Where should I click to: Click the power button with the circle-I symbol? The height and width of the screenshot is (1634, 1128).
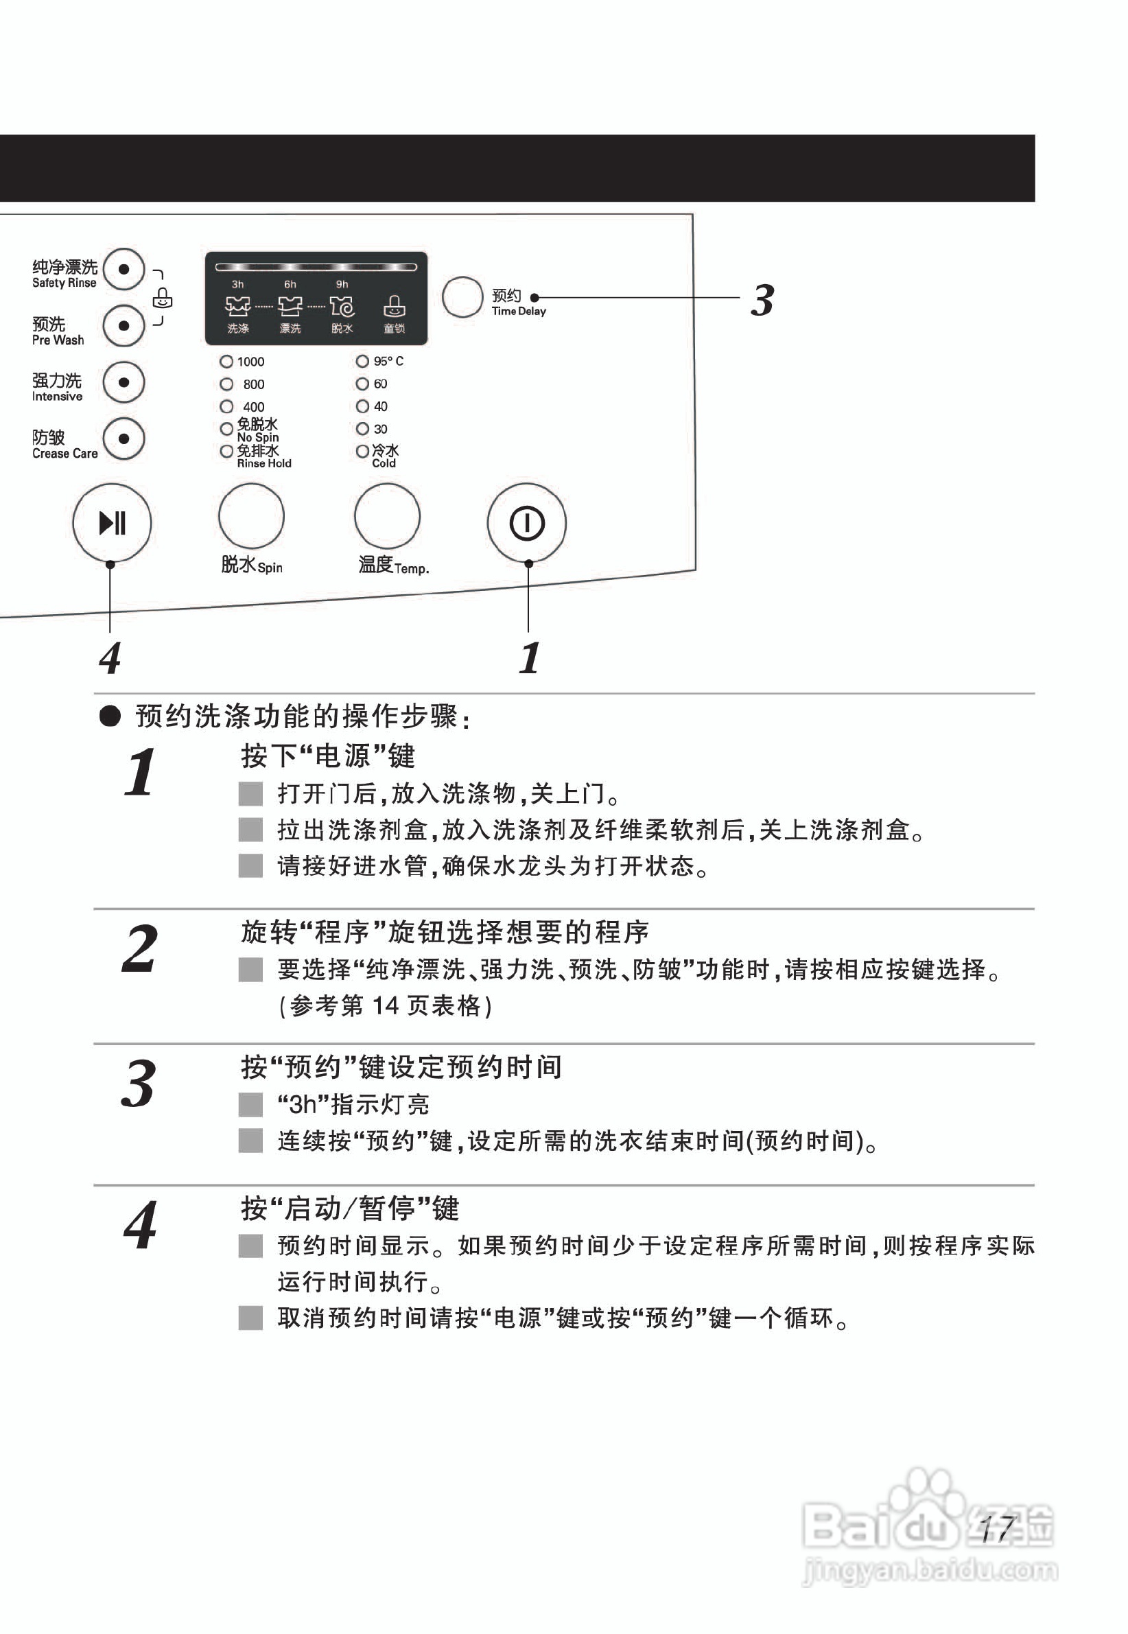pyautogui.click(x=526, y=524)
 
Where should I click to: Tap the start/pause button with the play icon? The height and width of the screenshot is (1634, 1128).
pyautogui.click(x=112, y=523)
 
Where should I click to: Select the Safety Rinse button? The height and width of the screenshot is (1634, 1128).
pyautogui.click(x=124, y=269)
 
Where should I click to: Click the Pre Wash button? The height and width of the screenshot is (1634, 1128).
pyautogui.click(x=124, y=326)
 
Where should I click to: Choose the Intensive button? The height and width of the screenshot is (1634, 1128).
pyautogui.click(x=124, y=382)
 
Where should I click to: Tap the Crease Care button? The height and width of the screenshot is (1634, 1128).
pyautogui.click(x=124, y=439)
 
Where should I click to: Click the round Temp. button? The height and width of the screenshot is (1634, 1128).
pyautogui.click(x=387, y=517)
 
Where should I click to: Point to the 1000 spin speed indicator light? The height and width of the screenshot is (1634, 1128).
pyautogui.click(x=226, y=362)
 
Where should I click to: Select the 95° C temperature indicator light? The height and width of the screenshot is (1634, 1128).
pyautogui.click(x=362, y=361)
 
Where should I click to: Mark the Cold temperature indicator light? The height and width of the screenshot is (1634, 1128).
pyautogui.click(x=362, y=451)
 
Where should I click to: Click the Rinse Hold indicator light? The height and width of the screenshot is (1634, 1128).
pyautogui.click(x=226, y=451)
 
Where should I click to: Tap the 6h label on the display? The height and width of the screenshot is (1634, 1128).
pyautogui.click(x=290, y=284)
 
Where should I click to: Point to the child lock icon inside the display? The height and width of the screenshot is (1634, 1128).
pyautogui.click(x=394, y=306)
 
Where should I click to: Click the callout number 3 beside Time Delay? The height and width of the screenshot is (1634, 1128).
pyautogui.click(x=762, y=301)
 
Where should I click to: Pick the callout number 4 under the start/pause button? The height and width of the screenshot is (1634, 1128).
pyautogui.click(x=110, y=658)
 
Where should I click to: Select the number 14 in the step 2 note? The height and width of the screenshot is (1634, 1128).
pyautogui.click(x=386, y=1005)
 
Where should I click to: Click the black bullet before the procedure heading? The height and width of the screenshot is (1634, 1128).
pyautogui.click(x=110, y=716)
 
